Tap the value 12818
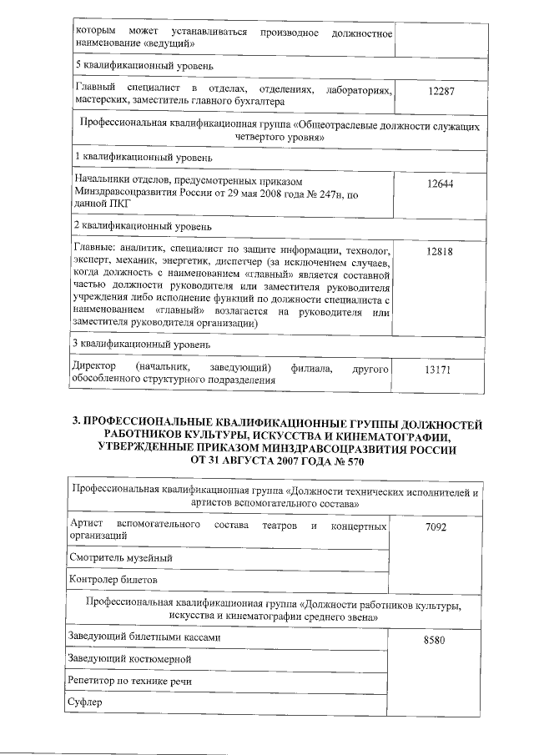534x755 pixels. coord(439,250)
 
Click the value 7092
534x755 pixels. coord(438,529)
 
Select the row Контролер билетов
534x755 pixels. coord(113,579)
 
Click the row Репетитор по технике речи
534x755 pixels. coord(132,681)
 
